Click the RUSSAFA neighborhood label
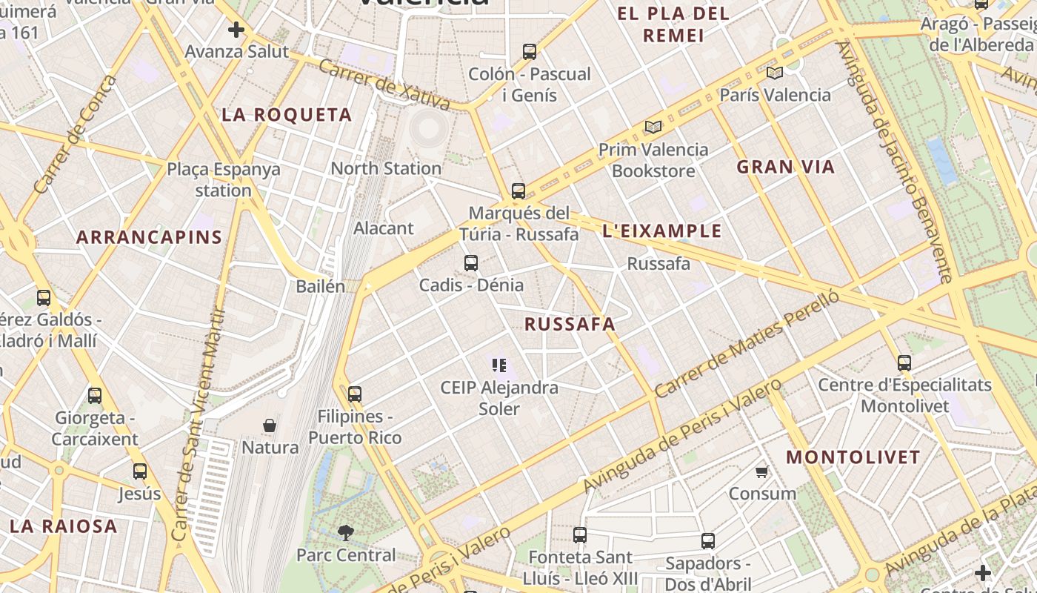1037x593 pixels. click(x=570, y=324)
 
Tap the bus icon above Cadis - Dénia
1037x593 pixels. click(x=471, y=262)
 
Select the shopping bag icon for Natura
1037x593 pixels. click(x=270, y=425)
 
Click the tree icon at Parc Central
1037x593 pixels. click(x=345, y=532)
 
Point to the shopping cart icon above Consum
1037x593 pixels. click(x=761, y=471)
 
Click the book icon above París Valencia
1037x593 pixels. click(x=775, y=73)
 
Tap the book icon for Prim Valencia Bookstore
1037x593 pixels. click(x=653, y=127)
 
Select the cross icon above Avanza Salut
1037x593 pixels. click(x=236, y=30)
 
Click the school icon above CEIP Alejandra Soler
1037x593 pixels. click(x=499, y=365)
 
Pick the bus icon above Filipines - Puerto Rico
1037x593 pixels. click(x=355, y=394)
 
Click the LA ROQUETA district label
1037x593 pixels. click(x=287, y=115)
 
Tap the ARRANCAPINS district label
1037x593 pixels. click(x=149, y=237)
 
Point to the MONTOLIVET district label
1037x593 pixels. click(x=853, y=457)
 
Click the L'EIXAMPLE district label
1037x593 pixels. click(x=661, y=231)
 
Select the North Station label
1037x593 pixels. click(x=386, y=168)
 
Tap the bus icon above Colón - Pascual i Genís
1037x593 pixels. click(x=530, y=52)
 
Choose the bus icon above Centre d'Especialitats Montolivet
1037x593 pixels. click(x=904, y=363)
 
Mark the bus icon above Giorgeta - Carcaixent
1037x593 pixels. click(x=95, y=396)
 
